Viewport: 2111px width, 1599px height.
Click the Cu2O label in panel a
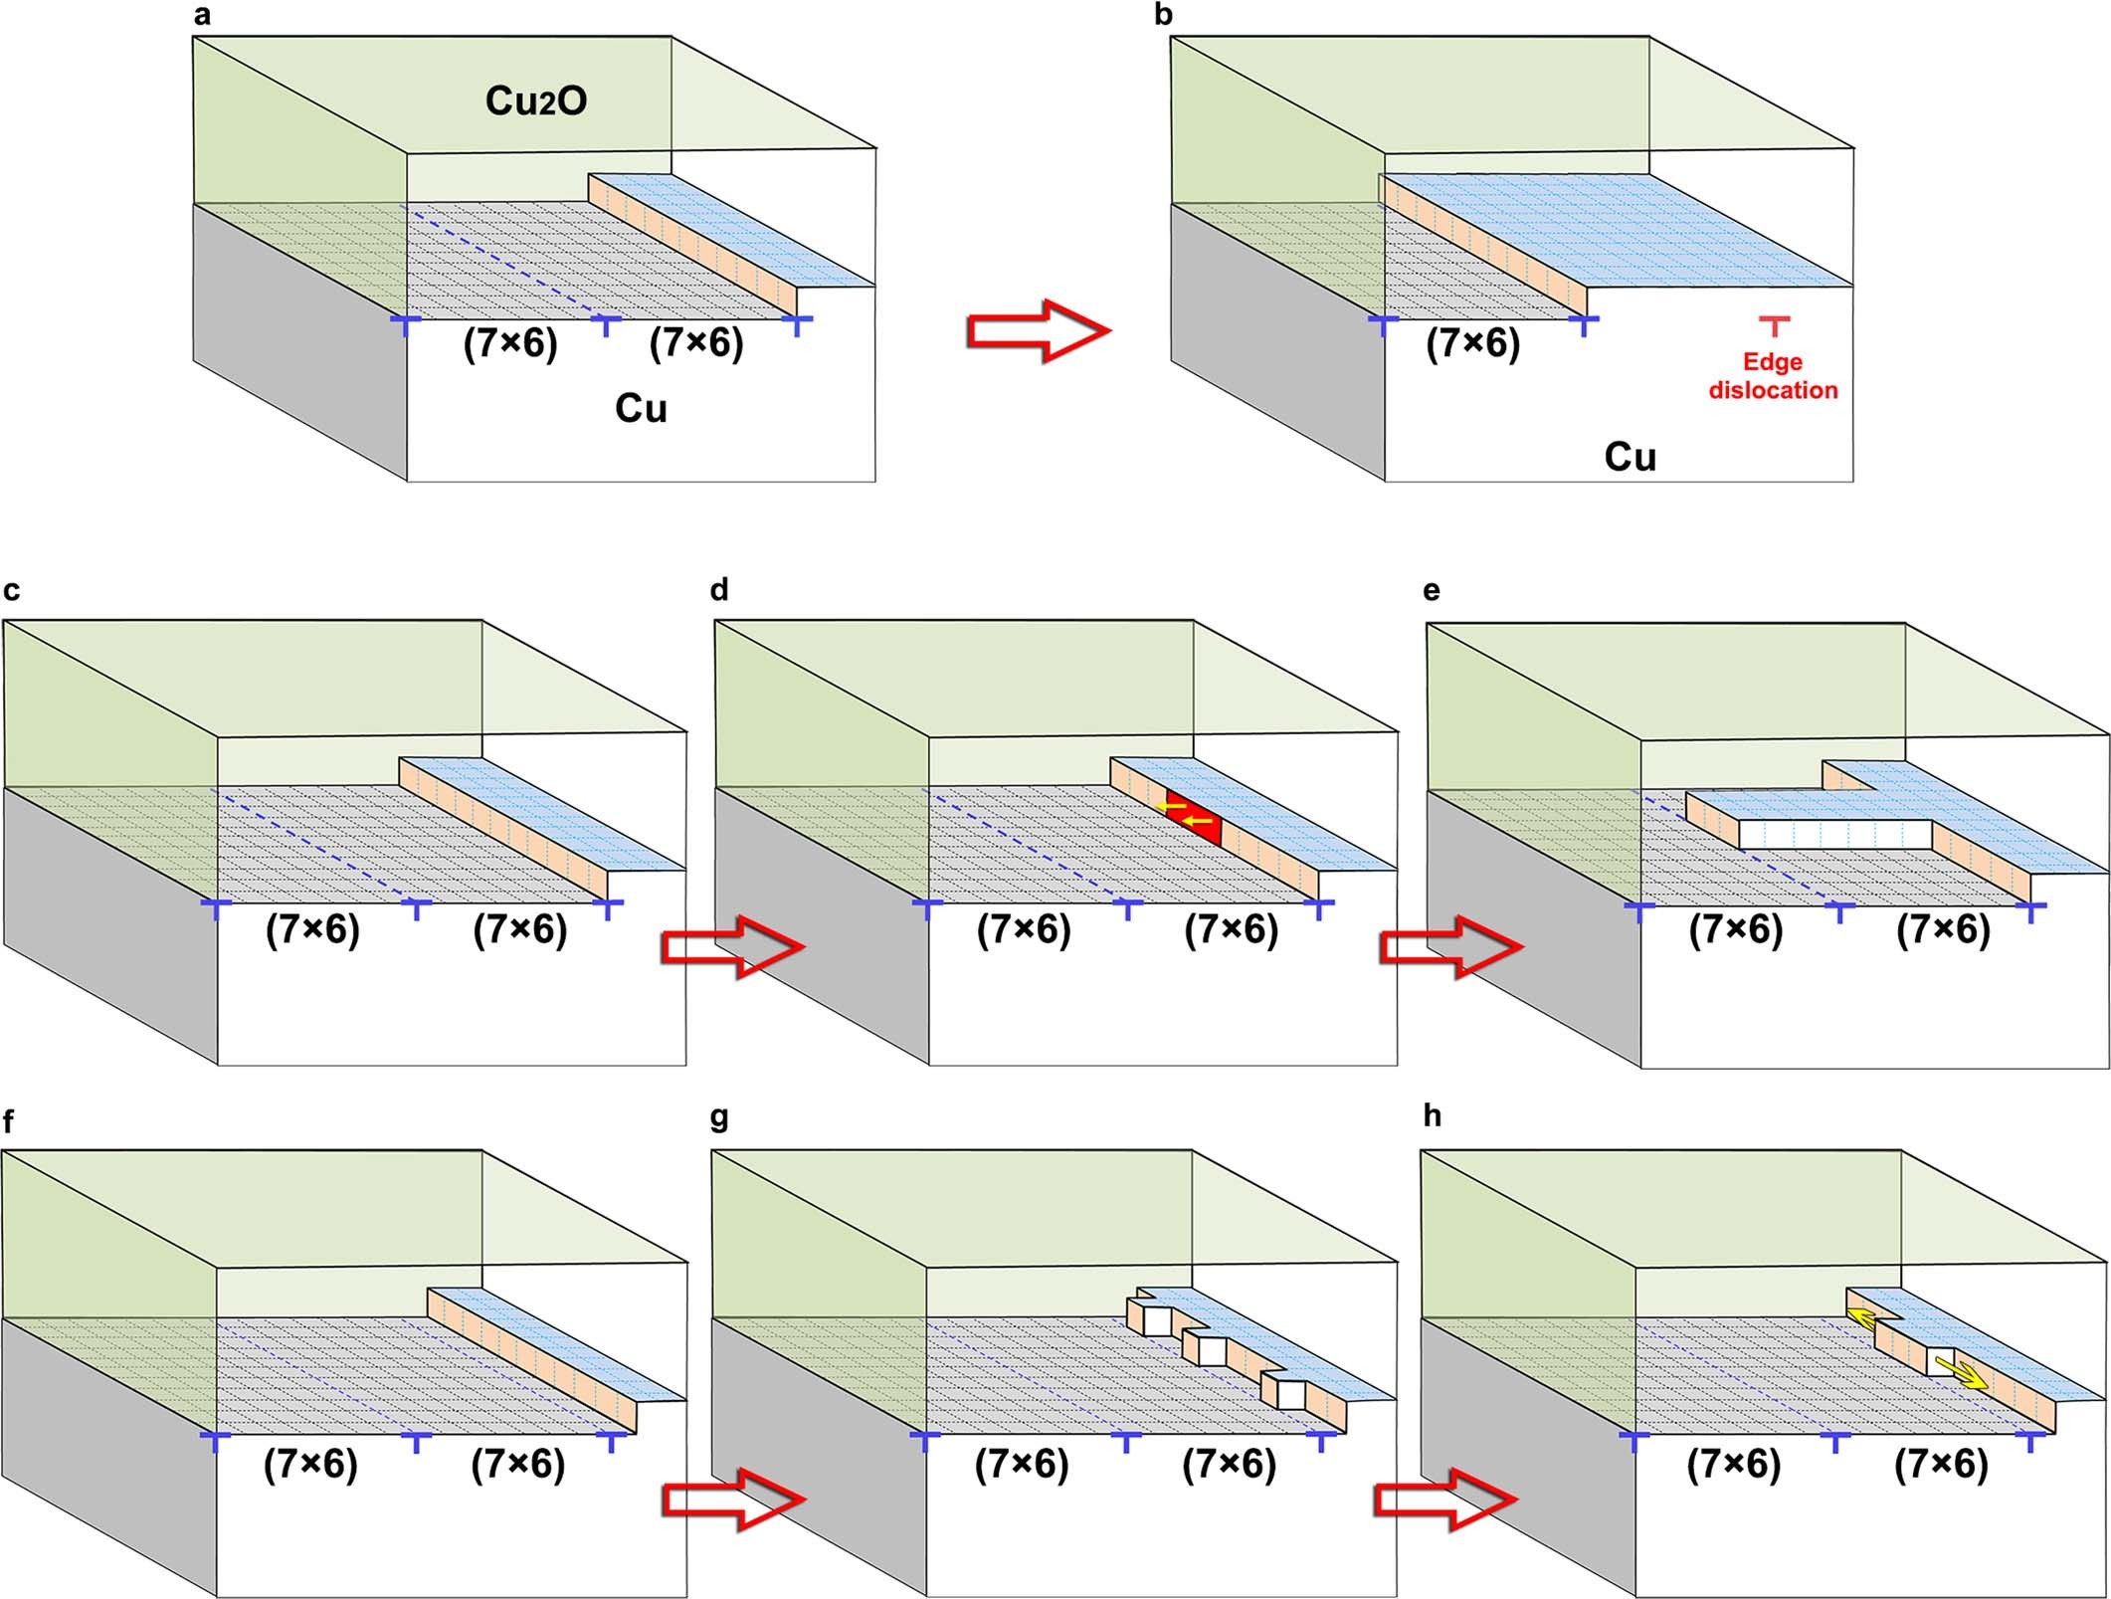point(535,101)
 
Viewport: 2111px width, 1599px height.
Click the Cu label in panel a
point(640,409)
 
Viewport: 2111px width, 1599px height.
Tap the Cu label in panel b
point(1630,458)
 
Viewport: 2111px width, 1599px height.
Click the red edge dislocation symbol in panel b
point(1773,325)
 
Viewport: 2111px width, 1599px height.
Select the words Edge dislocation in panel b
point(1773,376)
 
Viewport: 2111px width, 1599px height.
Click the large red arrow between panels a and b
point(1038,330)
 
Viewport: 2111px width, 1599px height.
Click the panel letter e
point(1432,591)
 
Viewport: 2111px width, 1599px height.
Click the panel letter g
point(719,1118)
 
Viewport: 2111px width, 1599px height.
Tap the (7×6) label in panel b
point(1472,344)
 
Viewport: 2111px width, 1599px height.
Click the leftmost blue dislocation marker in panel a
point(405,323)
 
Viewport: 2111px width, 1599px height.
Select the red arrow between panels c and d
point(731,948)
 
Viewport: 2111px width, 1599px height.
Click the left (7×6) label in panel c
point(312,930)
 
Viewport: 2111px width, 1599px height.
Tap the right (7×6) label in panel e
point(1943,930)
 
